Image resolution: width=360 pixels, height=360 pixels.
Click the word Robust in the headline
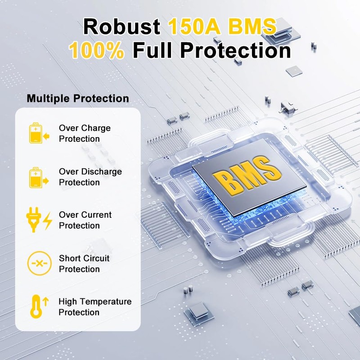click(x=122, y=27)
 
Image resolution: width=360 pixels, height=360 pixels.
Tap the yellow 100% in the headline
click(x=97, y=50)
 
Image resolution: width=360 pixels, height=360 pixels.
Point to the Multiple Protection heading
click(x=78, y=99)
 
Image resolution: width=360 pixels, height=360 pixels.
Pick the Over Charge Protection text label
click(x=85, y=133)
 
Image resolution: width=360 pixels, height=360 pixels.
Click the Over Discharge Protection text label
click(x=90, y=177)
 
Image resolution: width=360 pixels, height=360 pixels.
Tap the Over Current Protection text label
click(x=85, y=220)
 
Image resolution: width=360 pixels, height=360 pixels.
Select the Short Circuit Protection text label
click(x=84, y=264)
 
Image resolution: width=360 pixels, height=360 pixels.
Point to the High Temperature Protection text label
click(x=95, y=307)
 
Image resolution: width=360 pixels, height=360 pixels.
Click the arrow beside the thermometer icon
click(x=45, y=300)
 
